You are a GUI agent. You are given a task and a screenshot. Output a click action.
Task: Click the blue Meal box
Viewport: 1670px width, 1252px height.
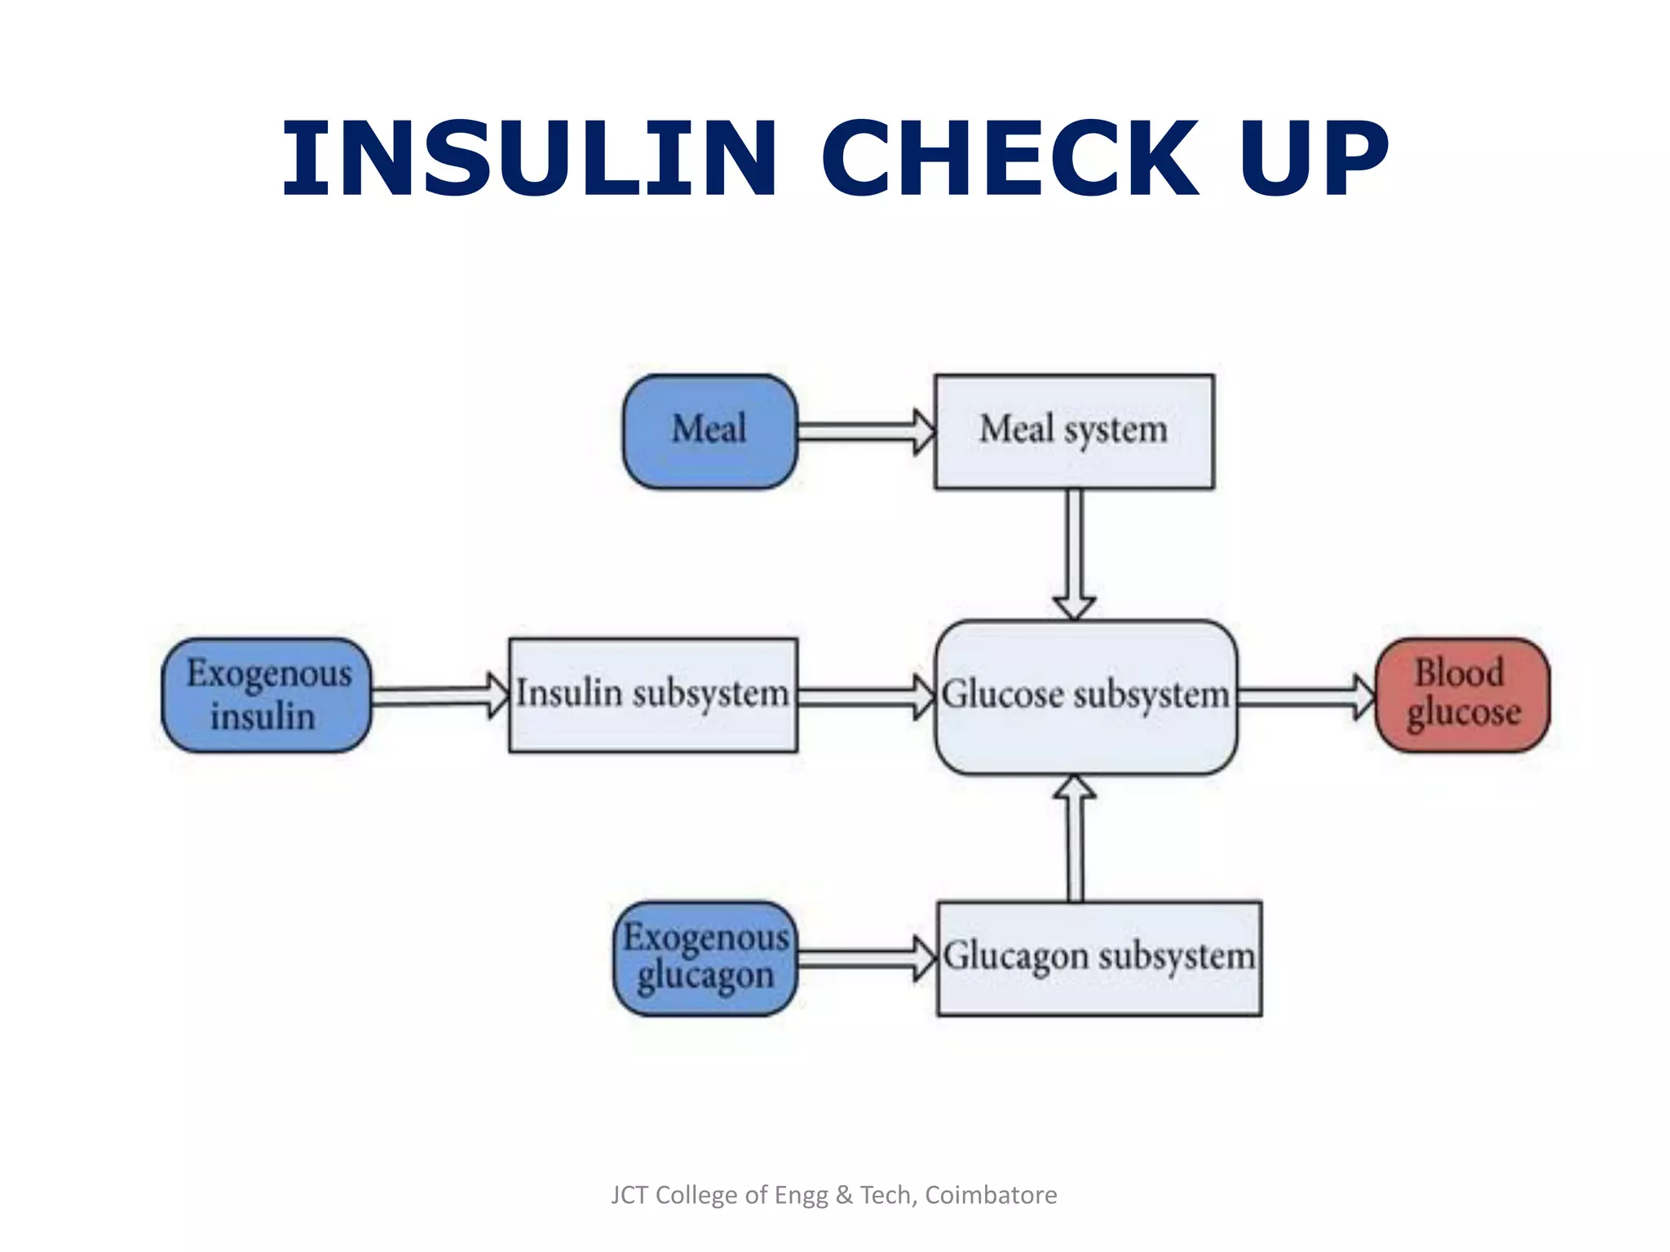pos(709,431)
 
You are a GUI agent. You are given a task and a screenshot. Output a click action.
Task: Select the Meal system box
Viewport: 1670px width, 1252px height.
pos(1074,431)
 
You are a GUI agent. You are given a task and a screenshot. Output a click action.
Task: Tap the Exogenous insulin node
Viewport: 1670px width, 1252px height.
pos(267,695)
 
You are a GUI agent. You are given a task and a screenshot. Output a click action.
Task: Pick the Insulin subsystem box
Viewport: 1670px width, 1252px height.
pos(652,695)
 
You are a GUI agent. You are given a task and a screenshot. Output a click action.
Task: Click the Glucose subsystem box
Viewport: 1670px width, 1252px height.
pos(1086,697)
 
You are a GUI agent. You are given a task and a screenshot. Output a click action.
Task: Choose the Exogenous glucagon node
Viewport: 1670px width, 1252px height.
pos(705,959)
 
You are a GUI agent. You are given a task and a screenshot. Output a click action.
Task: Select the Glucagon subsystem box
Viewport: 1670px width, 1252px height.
pos(1099,959)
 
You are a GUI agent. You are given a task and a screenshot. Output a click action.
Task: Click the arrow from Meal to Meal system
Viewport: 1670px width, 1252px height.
pos(864,431)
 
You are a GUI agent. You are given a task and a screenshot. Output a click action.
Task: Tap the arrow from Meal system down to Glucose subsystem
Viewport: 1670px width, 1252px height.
pos(1075,554)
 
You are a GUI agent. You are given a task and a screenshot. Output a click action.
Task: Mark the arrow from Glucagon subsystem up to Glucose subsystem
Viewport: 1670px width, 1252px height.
pos(1076,840)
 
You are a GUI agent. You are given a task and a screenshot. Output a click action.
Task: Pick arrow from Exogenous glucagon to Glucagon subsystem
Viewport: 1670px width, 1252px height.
pos(866,959)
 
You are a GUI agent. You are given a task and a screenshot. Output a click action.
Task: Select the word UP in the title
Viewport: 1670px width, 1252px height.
pos(1313,158)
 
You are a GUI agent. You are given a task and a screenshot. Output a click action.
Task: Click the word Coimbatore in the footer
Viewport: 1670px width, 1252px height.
pos(991,1195)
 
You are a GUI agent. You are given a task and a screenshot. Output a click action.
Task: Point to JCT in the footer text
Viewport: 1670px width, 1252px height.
pos(630,1195)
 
